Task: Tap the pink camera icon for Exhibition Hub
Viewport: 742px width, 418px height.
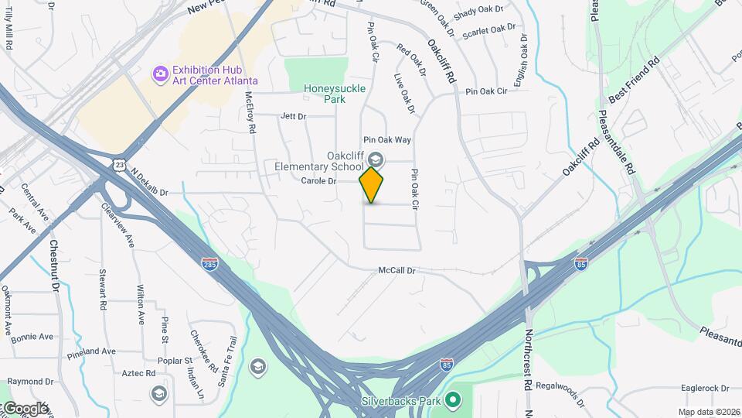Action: click(x=160, y=74)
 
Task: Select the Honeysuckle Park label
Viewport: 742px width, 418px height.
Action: click(x=334, y=94)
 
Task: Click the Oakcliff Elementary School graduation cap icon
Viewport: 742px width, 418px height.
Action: click(x=375, y=159)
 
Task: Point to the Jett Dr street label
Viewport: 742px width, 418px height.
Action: click(x=293, y=116)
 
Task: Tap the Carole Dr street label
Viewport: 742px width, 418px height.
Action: click(x=319, y=181)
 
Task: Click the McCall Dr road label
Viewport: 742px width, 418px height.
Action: click(x=397, y=271)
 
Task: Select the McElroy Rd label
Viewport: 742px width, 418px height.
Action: click(x=250, y=113)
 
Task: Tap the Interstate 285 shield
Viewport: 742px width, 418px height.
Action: click(x=209, y=263)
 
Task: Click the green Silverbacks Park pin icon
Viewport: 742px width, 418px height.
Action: click(x=454, y=401)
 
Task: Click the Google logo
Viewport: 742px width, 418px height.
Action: click(x=26, y=408)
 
